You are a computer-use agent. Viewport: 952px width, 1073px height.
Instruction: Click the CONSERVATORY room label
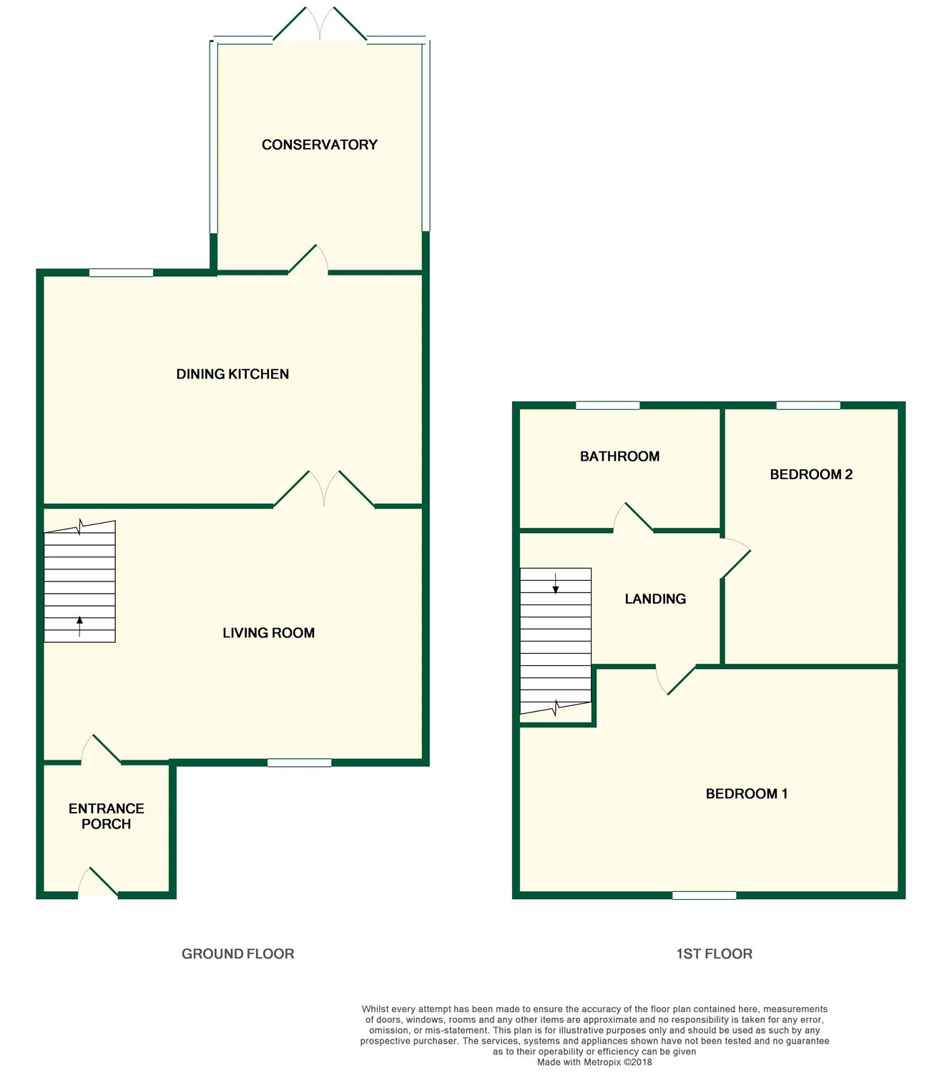pos(319,144)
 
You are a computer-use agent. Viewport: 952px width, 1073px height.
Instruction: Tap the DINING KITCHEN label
pos(232,374)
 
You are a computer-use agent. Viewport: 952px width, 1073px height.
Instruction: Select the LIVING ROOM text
pos(268,633)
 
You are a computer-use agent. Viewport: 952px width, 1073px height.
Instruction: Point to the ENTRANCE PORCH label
pos(106,816)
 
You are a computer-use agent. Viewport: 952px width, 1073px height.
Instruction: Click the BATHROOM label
pos(619,456)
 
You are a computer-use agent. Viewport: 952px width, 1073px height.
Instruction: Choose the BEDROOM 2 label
pos(811,474)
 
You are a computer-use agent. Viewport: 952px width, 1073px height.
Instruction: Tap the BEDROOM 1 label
pos(746,794)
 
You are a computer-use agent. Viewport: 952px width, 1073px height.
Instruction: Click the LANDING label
pos(655,599)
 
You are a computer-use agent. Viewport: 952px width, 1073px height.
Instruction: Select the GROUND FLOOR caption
pos(237,954)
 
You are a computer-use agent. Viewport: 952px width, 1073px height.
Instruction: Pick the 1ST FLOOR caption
pos(714,954)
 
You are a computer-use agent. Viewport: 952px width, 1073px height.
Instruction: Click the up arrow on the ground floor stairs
pos(79,625)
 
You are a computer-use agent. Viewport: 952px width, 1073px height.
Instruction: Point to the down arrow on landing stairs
pos(556,584)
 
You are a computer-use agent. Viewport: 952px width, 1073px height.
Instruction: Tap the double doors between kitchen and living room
pos(324,489)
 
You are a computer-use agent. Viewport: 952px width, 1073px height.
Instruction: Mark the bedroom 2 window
pos(808,406)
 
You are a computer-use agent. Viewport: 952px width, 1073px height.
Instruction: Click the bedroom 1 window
pos(704,896)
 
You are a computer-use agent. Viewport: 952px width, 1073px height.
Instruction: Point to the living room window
pos(299,763)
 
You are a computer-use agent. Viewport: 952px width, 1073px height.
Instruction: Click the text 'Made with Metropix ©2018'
pos(594,1062)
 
